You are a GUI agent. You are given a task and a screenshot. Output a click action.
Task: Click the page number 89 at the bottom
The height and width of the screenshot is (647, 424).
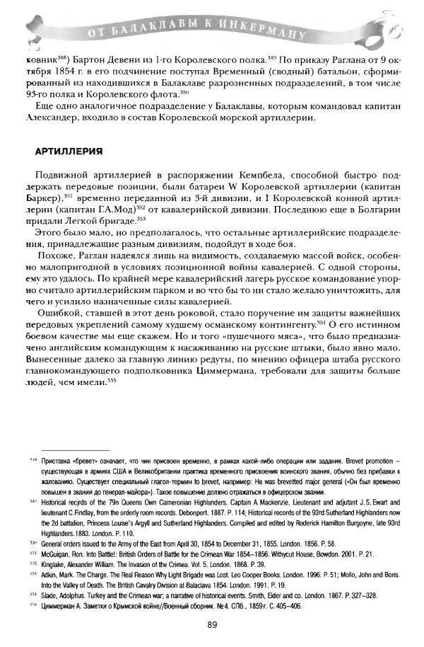pyautogui.click(x=212, y=624)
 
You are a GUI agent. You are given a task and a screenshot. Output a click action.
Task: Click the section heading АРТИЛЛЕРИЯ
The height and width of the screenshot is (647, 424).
pyautogui.click(x=69, y=151)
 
